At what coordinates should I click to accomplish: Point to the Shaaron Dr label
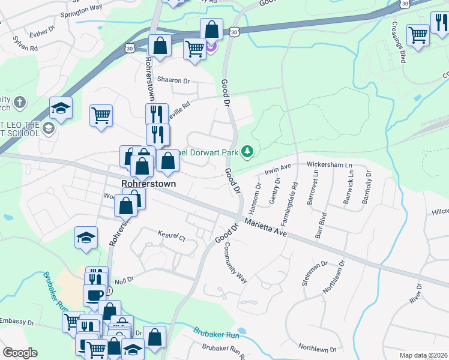pyautogui.click(x=173, y=80)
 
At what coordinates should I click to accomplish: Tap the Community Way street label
pyautogui.click(x=235, y=262)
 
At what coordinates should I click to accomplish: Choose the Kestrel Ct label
pyautogui.click(x=172, y=235)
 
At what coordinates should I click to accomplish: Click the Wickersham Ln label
pyautogui.click(x=328, y=164)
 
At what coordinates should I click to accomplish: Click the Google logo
pyautogui.click(x=20, y=353)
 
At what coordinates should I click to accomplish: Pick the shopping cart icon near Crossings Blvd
pyautogui.click(x=418, y=34)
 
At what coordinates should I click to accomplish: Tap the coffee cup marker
pyautogui.click(x=94, y=295)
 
